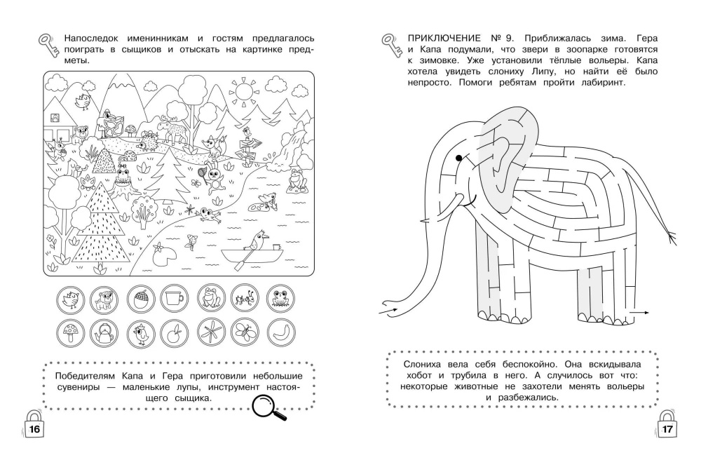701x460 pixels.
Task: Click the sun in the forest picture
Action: click(x=244, y=91)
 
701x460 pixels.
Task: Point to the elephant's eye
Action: click(x=458, y=156)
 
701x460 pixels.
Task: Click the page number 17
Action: click(x=667, y=429)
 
